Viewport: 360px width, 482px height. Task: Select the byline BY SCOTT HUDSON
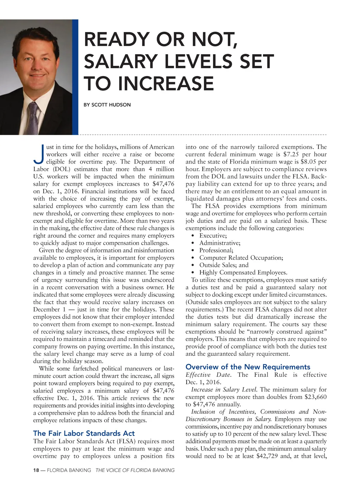tap(107, 105)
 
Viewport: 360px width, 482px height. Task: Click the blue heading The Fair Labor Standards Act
tap(84, 433)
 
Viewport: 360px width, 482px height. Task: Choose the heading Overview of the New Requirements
tap(248, 367)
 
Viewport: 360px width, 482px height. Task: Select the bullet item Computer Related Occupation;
tap(241, 258)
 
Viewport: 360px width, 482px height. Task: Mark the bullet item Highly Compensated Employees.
tap(243, 273)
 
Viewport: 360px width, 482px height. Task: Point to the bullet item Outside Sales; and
tap(224, 265)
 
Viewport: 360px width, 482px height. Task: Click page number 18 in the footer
tap(36, 470)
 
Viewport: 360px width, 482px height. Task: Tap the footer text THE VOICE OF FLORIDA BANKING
tap(135, 470)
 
